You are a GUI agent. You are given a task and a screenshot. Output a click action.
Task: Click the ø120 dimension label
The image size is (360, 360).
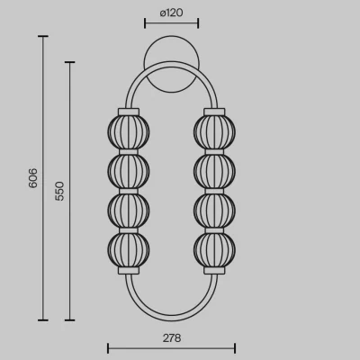coord(171,13)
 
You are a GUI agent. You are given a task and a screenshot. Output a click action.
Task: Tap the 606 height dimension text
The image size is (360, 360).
coord(33,178)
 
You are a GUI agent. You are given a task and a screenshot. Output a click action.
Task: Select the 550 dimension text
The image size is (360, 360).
coord(59,191)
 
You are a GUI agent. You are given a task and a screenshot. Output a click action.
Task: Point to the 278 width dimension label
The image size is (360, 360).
coord(172,338)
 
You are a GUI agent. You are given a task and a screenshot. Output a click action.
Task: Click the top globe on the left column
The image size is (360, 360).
coord(129,131)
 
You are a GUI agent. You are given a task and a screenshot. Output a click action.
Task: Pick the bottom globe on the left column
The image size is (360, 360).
coord(129,249)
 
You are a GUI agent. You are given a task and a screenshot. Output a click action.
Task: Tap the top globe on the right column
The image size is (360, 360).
coord(214,131)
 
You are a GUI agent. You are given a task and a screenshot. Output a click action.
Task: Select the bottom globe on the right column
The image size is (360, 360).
coord(214,249)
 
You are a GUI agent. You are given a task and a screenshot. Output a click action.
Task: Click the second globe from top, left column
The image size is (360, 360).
coord(129,171)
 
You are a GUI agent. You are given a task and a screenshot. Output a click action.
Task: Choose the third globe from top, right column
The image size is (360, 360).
coord(214,210)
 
